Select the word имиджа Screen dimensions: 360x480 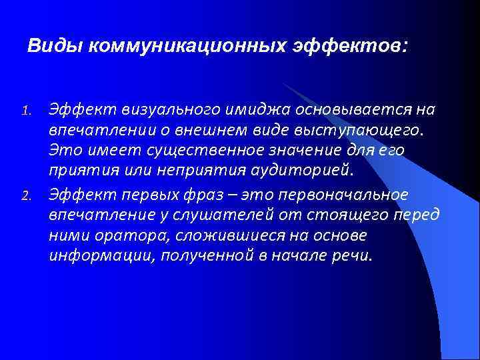click(251, 109)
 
